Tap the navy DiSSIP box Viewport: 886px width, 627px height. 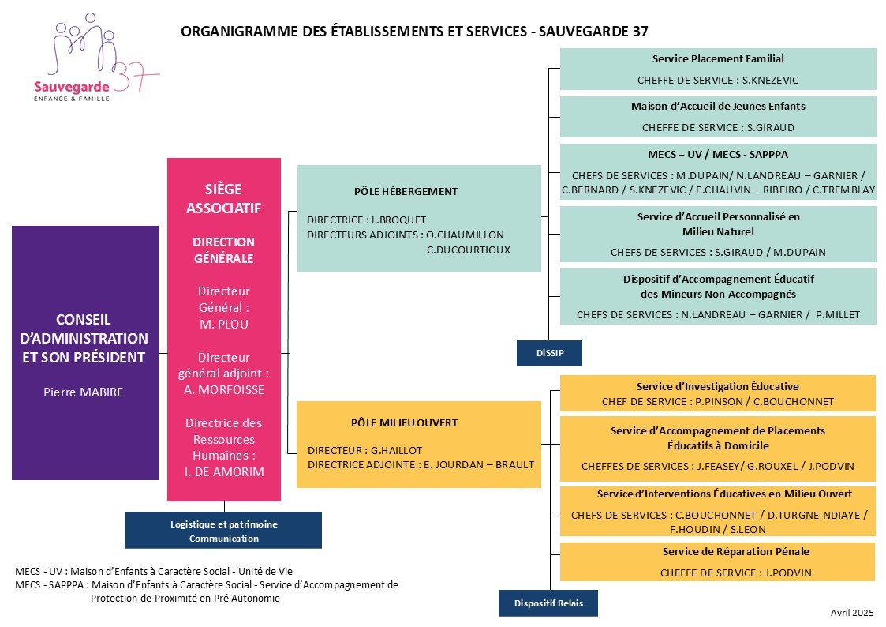549,353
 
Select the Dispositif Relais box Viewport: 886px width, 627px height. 548,603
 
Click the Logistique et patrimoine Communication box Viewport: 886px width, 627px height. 224,531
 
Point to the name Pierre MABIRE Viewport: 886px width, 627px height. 83,392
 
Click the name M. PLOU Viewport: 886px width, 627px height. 224,325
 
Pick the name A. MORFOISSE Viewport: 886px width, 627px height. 224,390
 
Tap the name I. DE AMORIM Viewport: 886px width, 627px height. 224,472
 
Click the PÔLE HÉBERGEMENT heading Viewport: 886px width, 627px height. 406,191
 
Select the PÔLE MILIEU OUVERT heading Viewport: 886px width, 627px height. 404,423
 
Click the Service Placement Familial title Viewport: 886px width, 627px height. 718,58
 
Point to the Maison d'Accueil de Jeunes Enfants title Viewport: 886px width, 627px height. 718,107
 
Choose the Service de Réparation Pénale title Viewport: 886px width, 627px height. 735,552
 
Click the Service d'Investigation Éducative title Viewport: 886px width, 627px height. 718,387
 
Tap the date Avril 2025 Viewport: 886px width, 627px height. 852,612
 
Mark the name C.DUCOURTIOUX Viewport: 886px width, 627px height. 469,250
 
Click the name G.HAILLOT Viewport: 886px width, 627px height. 396,451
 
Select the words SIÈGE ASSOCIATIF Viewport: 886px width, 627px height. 224,198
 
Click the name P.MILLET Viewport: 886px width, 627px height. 837,315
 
